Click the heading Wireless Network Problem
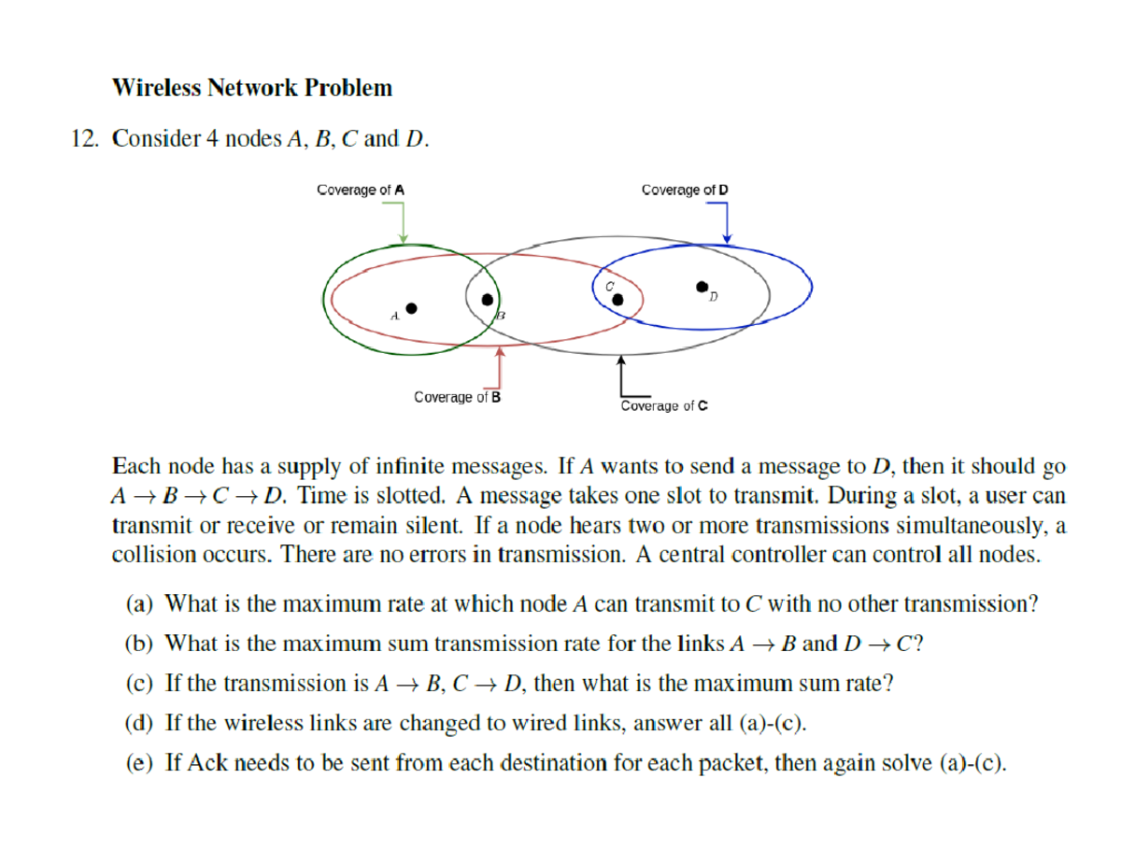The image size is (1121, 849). (252, 89)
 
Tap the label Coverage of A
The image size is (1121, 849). (361, 190)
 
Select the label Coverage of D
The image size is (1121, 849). (686, 190)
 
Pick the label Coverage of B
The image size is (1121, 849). (458, 397)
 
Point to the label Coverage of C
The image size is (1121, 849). (664, 405)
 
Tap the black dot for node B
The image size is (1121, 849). (487, 300)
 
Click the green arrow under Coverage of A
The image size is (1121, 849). (403, 222)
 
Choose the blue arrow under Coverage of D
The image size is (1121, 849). (726, 224)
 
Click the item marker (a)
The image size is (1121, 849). (140, 603)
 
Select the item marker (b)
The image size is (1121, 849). (140, 644)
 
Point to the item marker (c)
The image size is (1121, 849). (140, 684)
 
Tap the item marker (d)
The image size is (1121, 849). (140, 723)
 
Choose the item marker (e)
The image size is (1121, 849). (140, 763)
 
